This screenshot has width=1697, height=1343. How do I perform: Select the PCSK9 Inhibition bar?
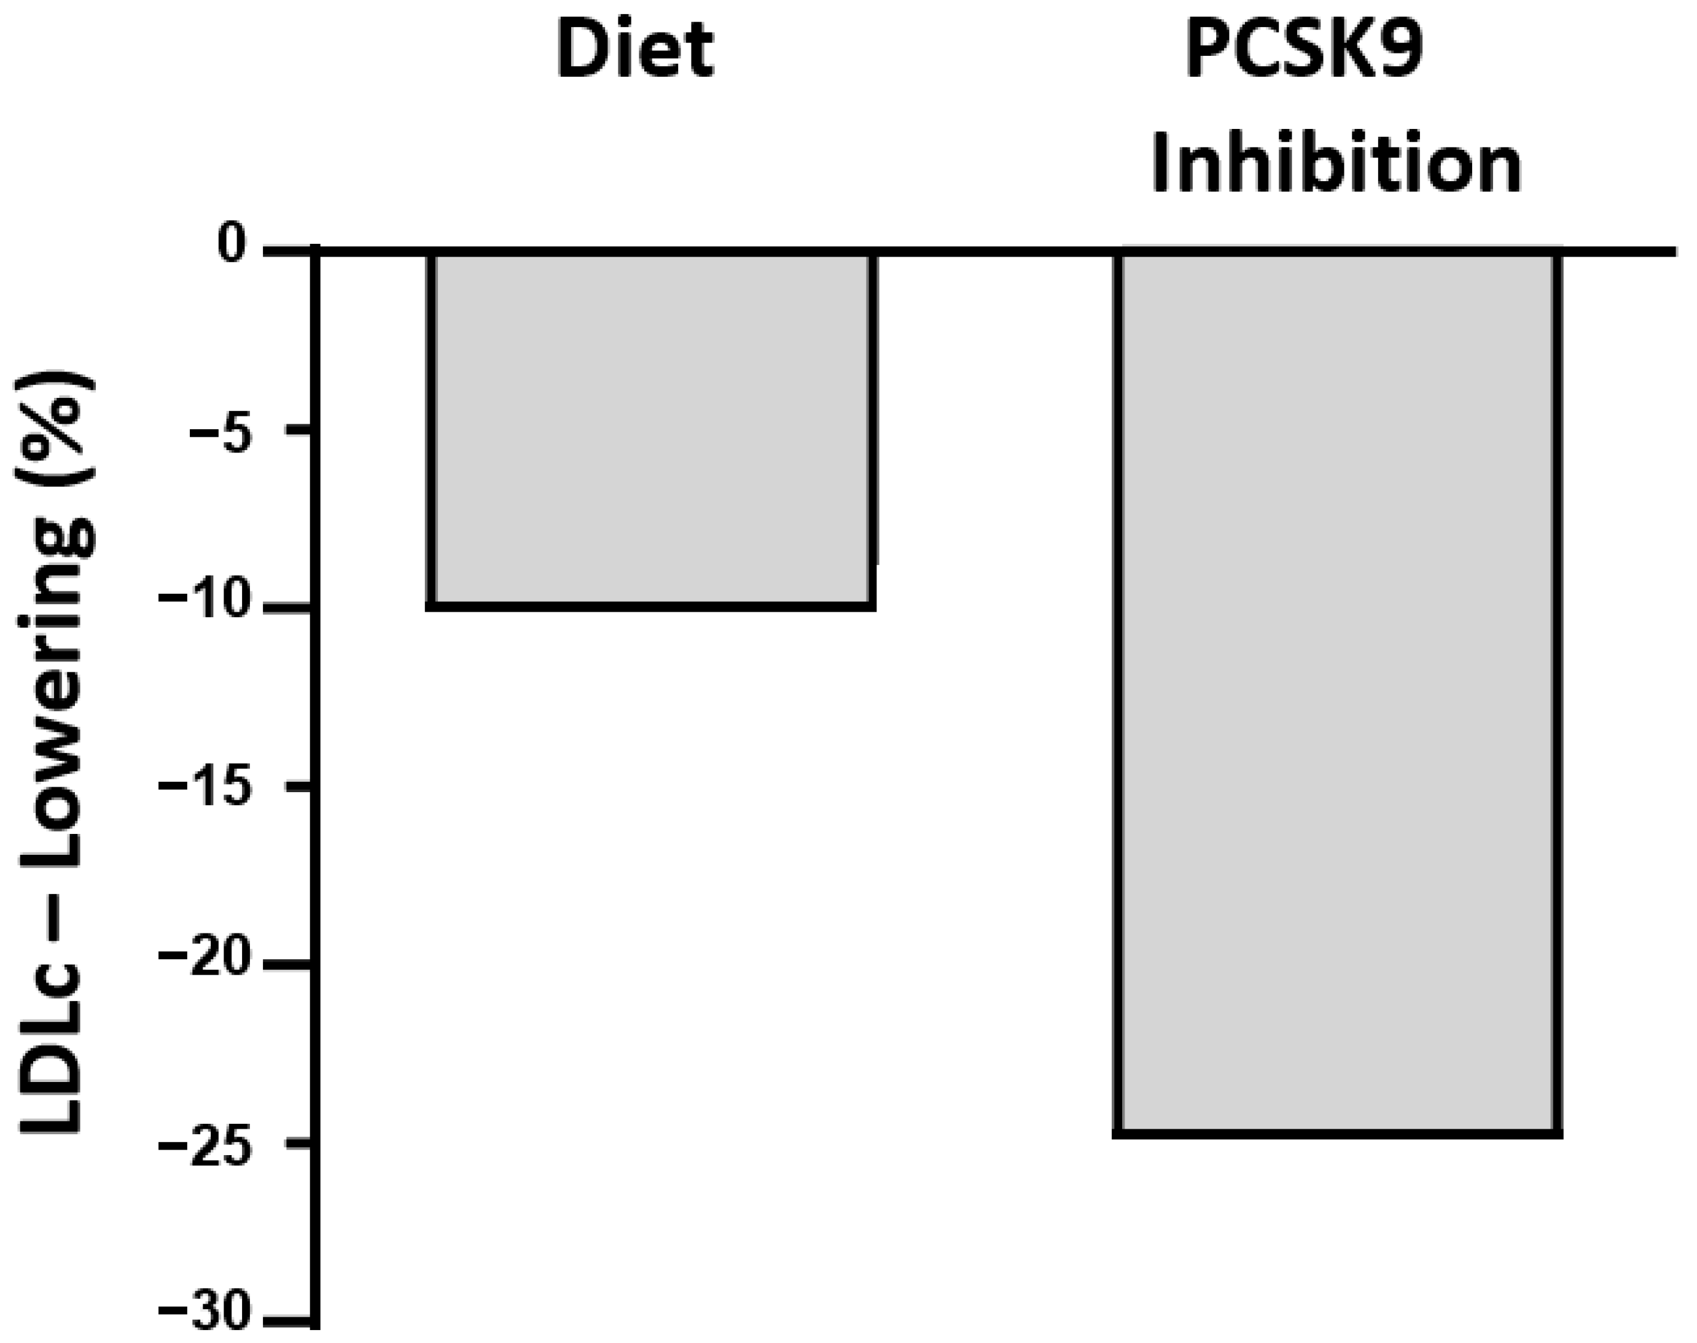1337,692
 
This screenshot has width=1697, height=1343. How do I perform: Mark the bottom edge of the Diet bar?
651,606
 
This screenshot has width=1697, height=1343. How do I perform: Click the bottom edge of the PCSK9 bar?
1337,1133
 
